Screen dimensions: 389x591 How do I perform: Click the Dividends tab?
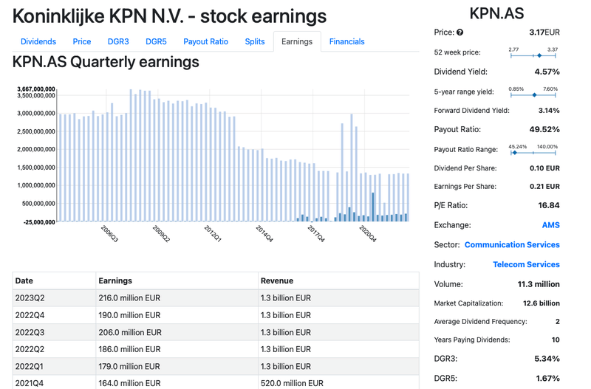[x=38, y=42]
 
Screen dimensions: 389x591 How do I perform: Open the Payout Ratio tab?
[x=205, y=42]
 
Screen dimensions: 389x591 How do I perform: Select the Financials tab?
[x=346, y=42]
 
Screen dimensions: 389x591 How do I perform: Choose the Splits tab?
[x=255, y=42]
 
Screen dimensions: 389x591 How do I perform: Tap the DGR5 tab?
[x=156, y=42]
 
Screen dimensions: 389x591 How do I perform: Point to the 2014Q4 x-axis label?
[x=265, y=234]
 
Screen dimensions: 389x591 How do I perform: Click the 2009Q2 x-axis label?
[x=161, y=234]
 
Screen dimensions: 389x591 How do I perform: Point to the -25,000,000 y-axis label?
[x=35, y=221]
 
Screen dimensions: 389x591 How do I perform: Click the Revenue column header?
[x=276, y=280]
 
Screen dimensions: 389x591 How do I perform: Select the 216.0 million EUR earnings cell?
[x=129, y=298]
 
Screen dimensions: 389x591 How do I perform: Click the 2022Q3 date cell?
[x=30, y=332]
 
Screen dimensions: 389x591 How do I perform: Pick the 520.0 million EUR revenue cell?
[x=292, y=383]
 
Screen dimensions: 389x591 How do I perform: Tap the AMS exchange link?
[x=550, y=224]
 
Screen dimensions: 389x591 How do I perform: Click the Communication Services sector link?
[x=512, y=244]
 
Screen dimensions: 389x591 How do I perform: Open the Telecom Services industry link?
[x=526, y=264]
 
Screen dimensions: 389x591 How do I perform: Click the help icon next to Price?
[x=460, y=32]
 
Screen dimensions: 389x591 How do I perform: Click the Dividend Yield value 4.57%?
[x=546, y=72]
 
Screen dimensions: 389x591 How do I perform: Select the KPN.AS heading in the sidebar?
[x=496, y=13]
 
